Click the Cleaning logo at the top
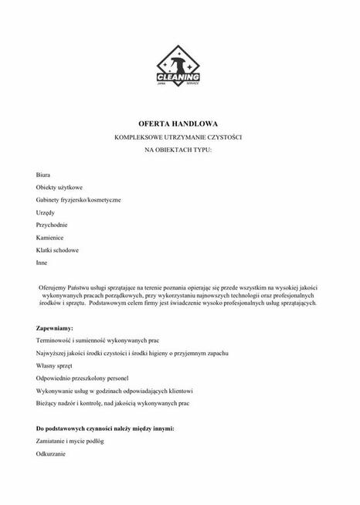[178, 72]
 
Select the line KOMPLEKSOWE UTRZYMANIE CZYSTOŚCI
[178, 137]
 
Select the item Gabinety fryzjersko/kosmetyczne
[78, 200]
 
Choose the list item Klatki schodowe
[57, 250]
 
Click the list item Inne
[42, 263]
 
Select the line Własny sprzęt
[56, 365]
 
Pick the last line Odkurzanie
[52, 453]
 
